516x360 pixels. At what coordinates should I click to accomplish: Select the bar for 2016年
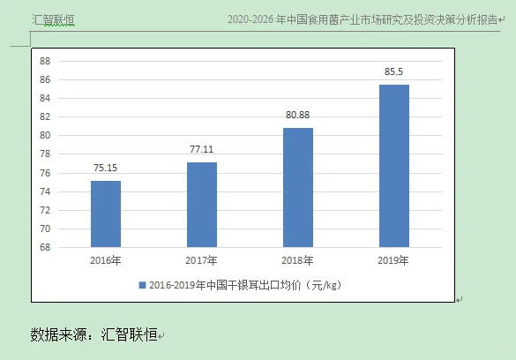[106, 214]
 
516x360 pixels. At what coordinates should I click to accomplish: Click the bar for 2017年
[202, 205]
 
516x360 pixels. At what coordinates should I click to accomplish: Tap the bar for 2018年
[297, 187]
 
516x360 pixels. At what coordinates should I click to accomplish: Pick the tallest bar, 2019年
[393, 166]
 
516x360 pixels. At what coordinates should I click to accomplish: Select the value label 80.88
[297, 115]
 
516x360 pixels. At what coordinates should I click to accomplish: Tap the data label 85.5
[393, 71]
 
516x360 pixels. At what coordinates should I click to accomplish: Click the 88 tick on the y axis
[45, 61]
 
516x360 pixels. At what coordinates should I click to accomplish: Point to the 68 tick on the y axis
[45, 248]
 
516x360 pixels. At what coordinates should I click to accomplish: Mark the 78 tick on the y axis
[45, 154]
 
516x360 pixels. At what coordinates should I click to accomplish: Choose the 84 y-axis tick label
[45, 98]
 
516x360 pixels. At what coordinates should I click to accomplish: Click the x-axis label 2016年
[106, 260]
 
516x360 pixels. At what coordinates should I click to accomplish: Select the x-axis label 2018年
[297, 260]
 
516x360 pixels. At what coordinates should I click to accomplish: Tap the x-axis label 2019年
[393, 260]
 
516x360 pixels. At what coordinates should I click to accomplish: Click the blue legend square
[142, 285]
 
